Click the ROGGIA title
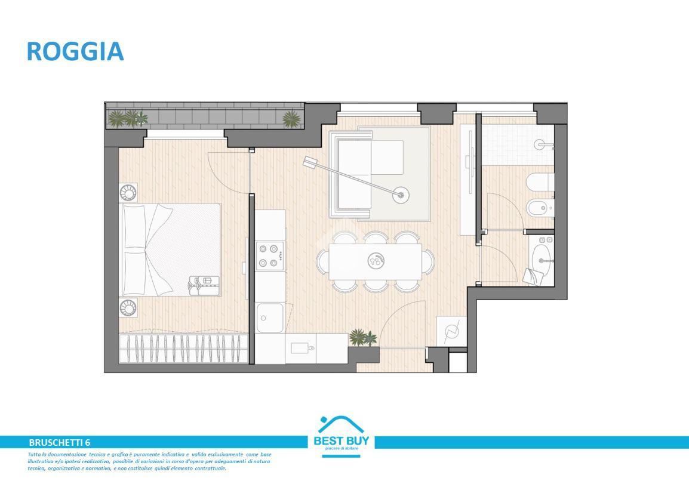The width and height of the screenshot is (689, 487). pyautogui.click(x=75, y=51)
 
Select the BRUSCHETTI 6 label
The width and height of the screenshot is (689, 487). pyautogui.click(x=59, y=442)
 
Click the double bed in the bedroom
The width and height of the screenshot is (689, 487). pyautogui.click(x=170, y=250)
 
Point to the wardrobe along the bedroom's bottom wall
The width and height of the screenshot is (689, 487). pyautogui.click(x=184, y=348)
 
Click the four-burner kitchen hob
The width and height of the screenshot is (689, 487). pyautogui.click(x=270, y=255)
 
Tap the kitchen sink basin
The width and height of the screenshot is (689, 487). pyautogui.click(x=270, y=318)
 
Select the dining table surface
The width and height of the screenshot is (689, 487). pyautogui.click(x=376, y=261)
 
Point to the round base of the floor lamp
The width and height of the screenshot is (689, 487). pyautogui.click(x=401, y=193)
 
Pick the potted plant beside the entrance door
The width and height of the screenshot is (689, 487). pyautogui.click(x=362, y=338)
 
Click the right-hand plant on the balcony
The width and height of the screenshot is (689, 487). pyautogui.click(x=291, y=119)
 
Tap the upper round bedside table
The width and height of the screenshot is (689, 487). pyautogui.click(x=128, y=193)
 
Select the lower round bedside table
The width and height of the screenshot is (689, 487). pyautogui.click(x=128, y=307)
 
